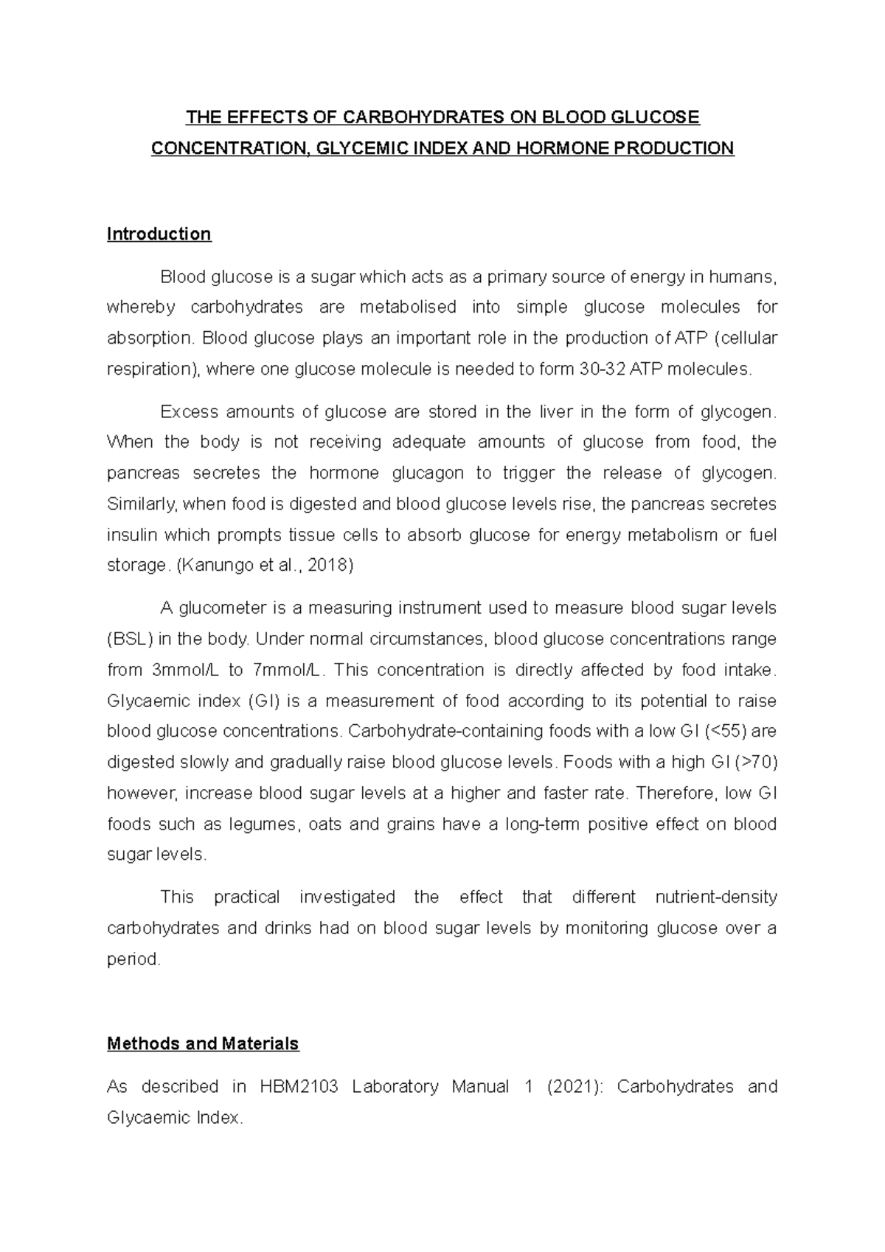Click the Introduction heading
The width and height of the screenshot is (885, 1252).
pos(159,234)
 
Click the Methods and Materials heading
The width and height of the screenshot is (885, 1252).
pos(203,1043)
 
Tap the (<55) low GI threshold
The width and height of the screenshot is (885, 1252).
pos(726,731)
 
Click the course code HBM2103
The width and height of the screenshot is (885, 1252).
pos(299,1087)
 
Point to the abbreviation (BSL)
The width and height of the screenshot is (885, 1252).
pos(130,639)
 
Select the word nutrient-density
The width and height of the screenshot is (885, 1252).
pos(715,897)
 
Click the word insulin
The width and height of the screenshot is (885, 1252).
pos(132,535)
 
